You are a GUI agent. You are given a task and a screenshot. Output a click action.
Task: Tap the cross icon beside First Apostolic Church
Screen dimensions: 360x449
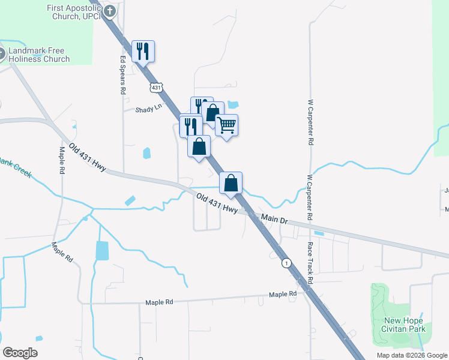pyautogui.click(x=110, y=10)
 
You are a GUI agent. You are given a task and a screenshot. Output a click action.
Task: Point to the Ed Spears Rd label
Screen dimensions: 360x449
pyautogui.click(x=122, y=75)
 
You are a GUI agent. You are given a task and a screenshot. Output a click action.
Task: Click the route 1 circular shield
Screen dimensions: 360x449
pyautogui.click(x=287, y=263)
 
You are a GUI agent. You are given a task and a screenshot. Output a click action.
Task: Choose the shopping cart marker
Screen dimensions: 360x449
pyautogui.click(x=226, y=125)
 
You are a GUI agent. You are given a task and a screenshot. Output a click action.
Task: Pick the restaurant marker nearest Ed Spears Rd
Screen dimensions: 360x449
pyautogui.click(x=143, y=50)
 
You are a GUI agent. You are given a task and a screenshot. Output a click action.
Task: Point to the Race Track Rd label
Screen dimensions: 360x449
pyautogui.click(x=310, y=264)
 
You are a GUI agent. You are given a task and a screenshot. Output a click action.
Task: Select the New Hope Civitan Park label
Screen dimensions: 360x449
pyautogui.click(x=405, y=325)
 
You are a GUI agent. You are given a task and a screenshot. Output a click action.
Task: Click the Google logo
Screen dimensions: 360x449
pyautogui.click(x=20, y=353)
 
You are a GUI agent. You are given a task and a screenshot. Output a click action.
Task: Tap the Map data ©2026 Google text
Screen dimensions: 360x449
pyautogui.click(x=411, y=355)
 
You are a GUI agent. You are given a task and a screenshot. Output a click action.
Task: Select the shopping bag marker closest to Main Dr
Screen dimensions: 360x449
pyautogui.click(x=231, y=183)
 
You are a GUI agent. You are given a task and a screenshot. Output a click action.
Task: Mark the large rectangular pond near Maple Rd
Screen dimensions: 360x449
pyautogui.click(x=102, y=250)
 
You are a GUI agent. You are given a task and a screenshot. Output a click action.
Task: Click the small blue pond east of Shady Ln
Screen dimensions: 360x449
pyautogui.click(x=233, y=104)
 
